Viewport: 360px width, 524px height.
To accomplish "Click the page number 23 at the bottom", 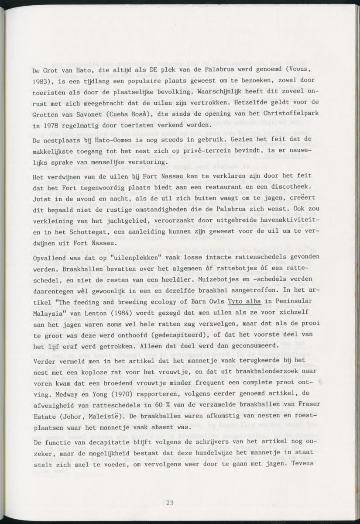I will [x=170, y=503].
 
